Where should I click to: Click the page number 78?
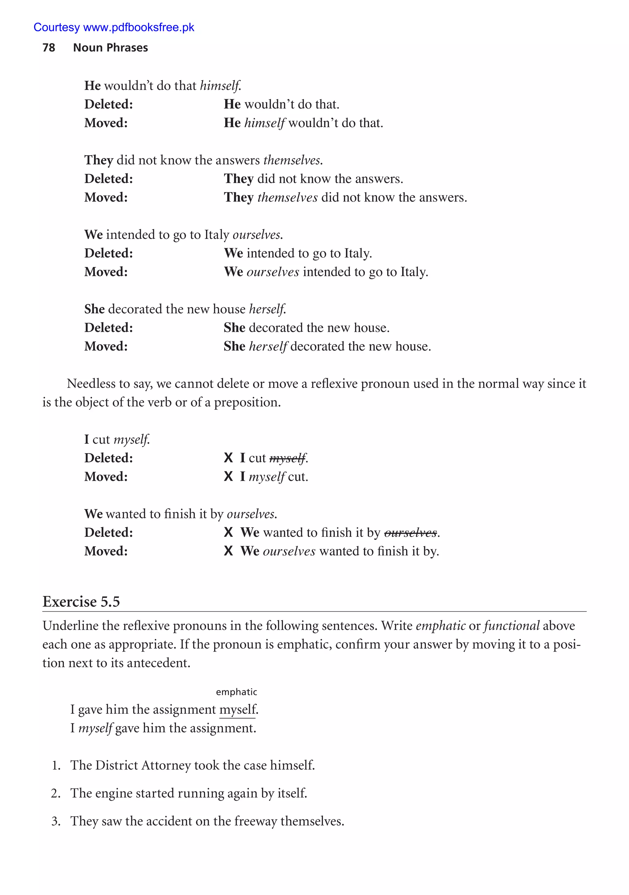tap(49, 48)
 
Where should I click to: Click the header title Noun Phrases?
tap(110, 48)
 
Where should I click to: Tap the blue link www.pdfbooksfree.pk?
tap(139, 27)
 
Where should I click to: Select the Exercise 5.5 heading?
tap(81, 602)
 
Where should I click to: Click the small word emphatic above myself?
tap(236, 692)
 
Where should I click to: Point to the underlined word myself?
tap(237, 709)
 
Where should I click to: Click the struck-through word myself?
tap(287, 458)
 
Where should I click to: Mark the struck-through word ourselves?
tap(410, 533)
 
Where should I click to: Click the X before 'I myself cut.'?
tap(229, 476)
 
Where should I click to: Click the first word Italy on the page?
tap(217, 235)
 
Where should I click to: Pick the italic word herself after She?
tap(268, 347)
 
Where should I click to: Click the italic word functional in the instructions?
tap(512, 626)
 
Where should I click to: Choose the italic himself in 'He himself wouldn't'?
tap(264, 123)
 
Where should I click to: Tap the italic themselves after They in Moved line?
tap(287, 198)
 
